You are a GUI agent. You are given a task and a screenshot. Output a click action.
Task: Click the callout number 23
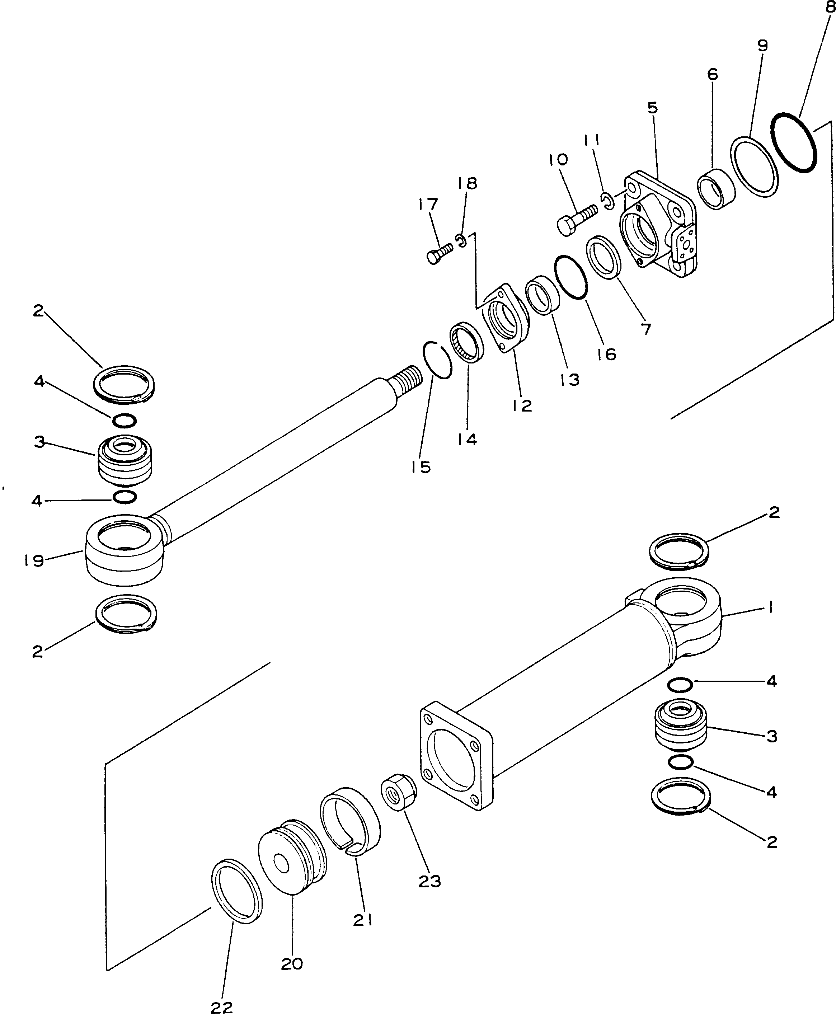tap(429, 881)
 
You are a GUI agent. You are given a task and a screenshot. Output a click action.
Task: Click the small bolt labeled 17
tap(439, 253)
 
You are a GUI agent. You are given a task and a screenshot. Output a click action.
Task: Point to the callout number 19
tap(34, 560)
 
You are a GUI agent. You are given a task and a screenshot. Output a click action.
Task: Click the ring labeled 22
tap(237, 891)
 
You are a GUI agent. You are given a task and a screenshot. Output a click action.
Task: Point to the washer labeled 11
tap(608, 201)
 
